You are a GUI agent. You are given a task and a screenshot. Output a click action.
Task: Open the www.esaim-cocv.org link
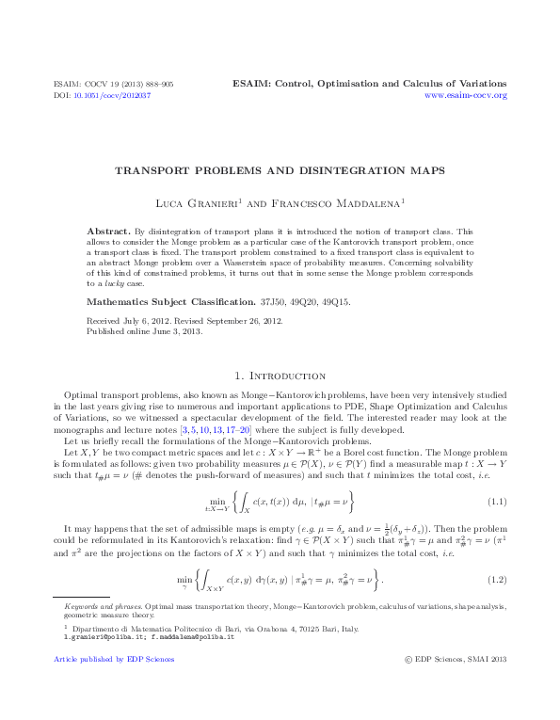click(466, 96)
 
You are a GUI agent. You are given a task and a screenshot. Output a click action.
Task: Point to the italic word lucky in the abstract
click(106, 282)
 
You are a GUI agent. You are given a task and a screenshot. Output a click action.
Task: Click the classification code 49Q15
click(333, 304)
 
